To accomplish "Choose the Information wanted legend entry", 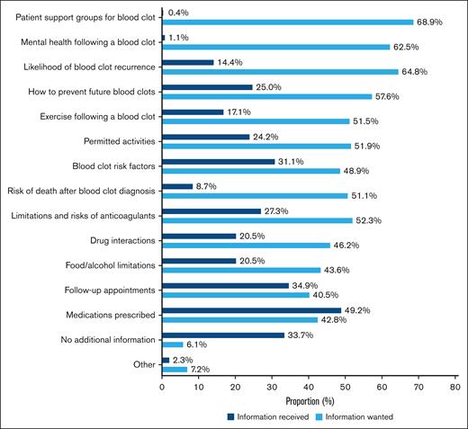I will point(366,416).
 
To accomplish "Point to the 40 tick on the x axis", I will point(309,387).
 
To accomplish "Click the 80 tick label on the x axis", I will point(455,387).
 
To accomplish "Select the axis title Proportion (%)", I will point(309,401).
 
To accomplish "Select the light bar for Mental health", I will point(276,47).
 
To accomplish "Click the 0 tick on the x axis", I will point(163,387).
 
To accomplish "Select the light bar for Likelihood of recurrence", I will point(281,72).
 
